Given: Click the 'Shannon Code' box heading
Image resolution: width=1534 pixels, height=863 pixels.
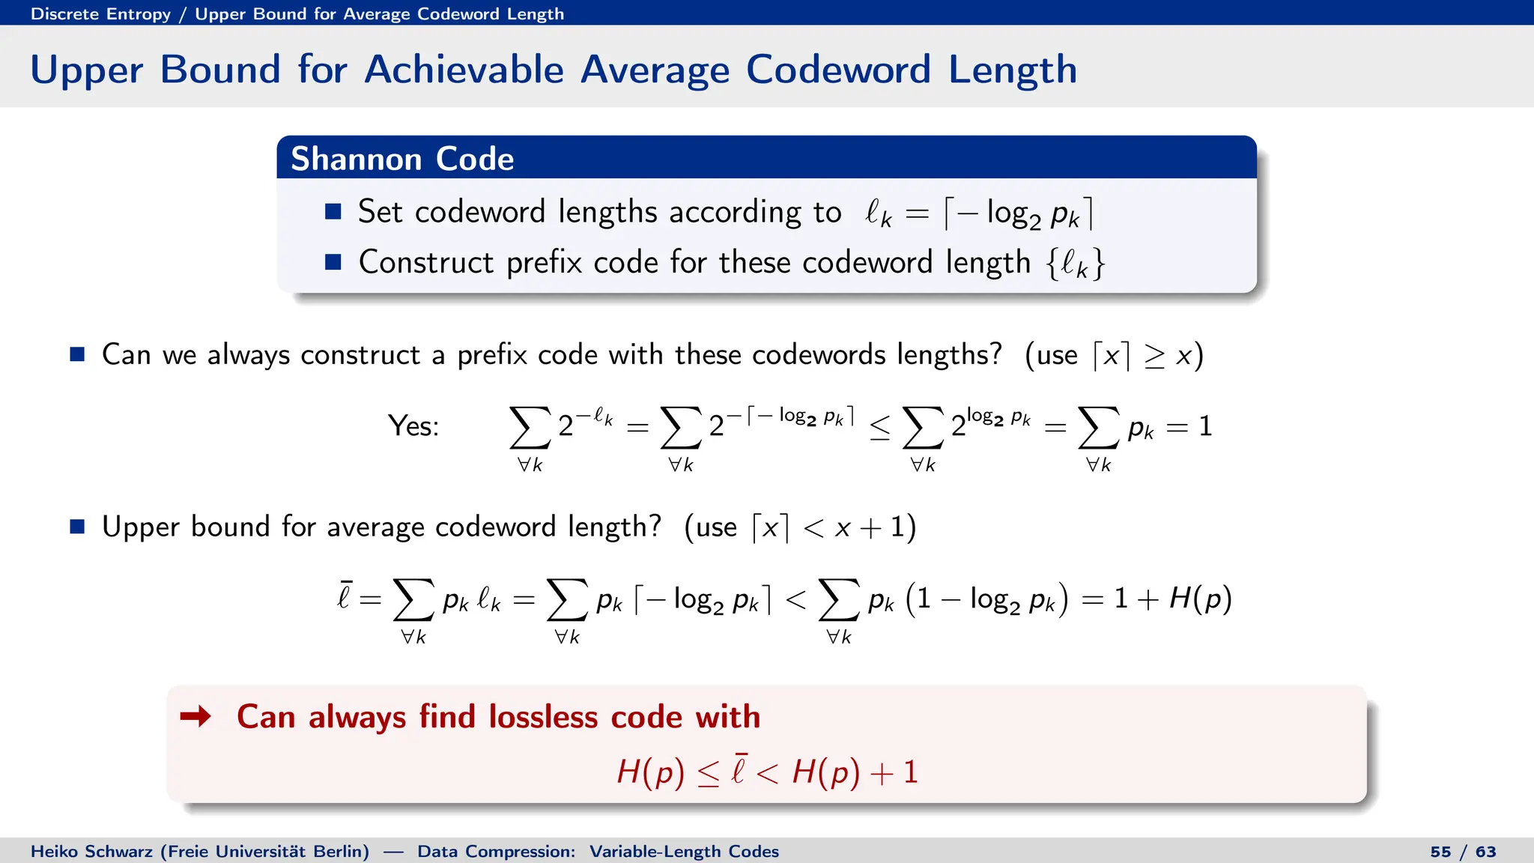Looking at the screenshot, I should click(402, 159).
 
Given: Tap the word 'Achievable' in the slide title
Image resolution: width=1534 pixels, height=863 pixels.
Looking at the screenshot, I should click(464, 70).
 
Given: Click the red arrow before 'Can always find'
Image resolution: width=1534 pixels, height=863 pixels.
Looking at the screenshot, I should click(195, 717).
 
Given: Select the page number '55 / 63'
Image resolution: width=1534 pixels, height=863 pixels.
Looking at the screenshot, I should click(1463, 852).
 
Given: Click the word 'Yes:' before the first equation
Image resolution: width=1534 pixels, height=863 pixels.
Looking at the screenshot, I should click(413, 426).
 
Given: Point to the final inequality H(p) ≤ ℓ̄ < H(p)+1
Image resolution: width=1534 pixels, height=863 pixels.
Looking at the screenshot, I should click(767, 772).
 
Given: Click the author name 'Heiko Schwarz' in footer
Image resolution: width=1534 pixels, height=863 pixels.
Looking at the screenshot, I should click(92, 852).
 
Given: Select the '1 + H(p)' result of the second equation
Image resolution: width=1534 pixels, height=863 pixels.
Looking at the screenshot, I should click(1172, 599).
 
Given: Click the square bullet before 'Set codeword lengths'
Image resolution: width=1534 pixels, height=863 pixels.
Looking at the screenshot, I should click(333, 212).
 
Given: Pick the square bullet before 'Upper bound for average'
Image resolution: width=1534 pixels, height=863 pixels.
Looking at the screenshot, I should click(77, 527).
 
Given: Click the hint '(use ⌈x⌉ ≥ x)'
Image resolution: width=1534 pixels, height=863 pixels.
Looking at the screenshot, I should click(1114, 355).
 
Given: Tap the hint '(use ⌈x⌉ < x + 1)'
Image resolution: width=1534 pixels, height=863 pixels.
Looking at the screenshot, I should click(800, 527).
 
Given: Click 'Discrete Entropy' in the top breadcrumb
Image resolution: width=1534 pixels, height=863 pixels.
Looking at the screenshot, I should click(100, 13).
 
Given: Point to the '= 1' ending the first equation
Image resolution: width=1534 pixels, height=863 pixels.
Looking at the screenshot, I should click(1189, 426).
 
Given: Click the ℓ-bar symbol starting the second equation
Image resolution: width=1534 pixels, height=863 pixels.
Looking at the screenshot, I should click(344, 597).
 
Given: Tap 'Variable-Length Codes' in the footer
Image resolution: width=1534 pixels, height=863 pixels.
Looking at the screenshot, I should click(684, 852).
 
